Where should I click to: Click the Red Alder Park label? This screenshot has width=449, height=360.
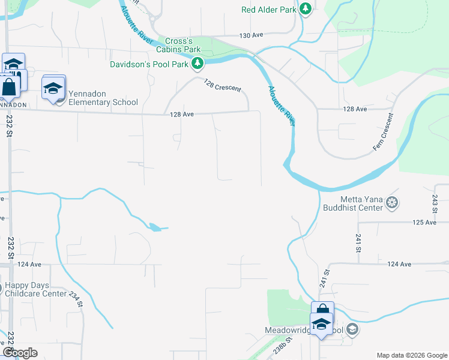(x=269, y=10)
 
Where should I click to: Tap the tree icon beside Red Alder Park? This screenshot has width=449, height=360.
(x=306, y=9)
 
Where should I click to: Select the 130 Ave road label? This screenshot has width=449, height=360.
(x=252, y=36)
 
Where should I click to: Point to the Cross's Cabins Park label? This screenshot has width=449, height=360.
(x=183, y=45)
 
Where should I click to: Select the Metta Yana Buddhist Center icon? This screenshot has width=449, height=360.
(x=393, y=202)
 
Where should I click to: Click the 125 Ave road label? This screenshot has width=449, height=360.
(x=424, y=223)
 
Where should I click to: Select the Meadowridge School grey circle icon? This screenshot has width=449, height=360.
(x=353, y=329)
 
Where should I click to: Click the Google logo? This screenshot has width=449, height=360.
(x=20, y=353)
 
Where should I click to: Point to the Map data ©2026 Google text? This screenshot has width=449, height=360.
(x=411, y=355)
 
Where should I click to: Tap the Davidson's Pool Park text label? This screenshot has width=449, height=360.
(x=149, y=64)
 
